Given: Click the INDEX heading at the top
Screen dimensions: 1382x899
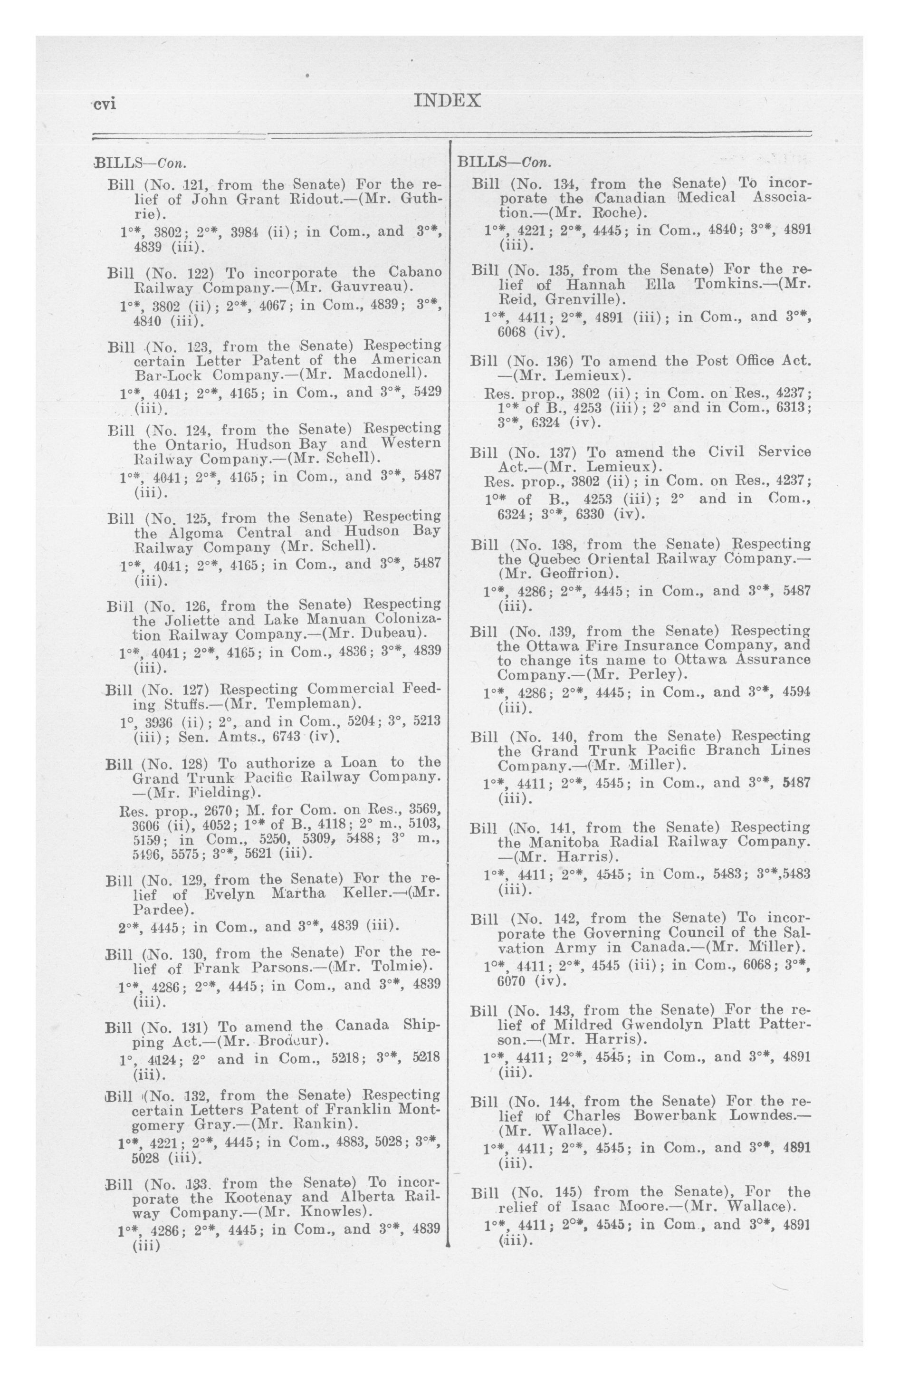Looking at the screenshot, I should pos(447,101).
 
